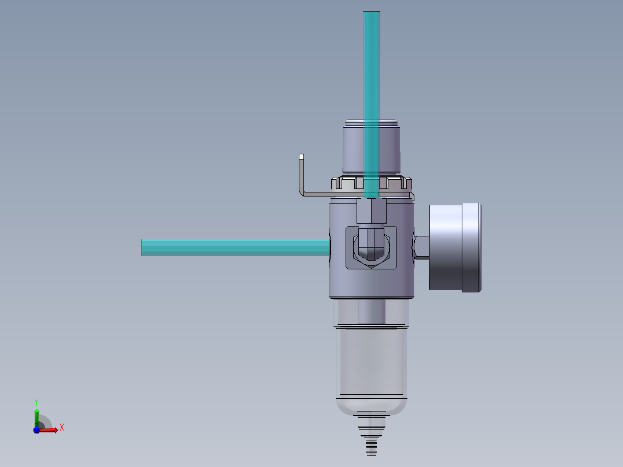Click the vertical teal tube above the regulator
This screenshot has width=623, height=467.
[x=372, y=104]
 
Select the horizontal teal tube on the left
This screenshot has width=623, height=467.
[x=236, y=247]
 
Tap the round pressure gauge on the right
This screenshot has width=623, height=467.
[x=455, y=247]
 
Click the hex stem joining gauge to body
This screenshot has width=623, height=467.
[x=421, y=247]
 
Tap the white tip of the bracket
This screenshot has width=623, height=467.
[x=301, y=157]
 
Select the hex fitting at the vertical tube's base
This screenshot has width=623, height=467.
[x=372, y=210]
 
